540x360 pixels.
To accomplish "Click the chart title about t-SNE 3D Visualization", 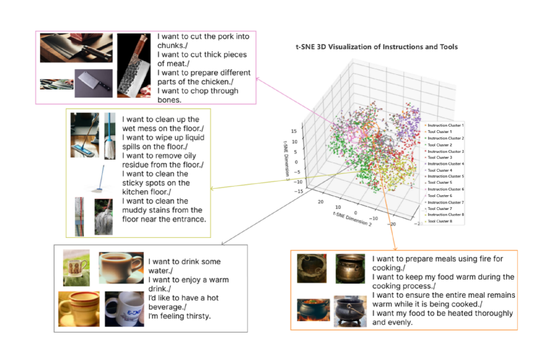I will click(x=372, y=47).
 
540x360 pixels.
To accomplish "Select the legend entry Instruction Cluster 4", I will click(x=445, y=164).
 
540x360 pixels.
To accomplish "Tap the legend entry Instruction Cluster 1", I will click(x=445, y=125).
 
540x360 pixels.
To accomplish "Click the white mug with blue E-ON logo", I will click(x=124, y=308).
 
